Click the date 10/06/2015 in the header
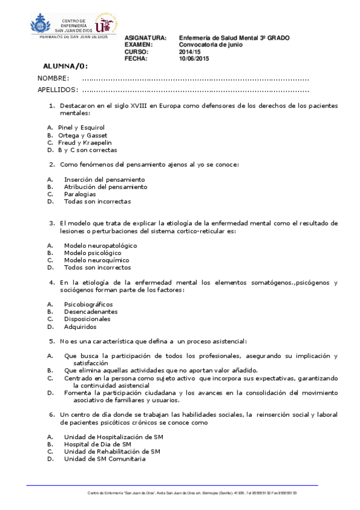194,58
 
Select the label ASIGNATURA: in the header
145,38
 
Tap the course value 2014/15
191,52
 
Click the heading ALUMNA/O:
65,66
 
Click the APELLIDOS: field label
58,90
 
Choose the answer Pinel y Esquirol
81,127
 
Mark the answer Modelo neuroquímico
96,260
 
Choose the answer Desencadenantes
91,312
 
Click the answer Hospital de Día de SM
97,444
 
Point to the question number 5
52,341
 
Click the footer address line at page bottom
192,493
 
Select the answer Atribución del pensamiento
105,186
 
